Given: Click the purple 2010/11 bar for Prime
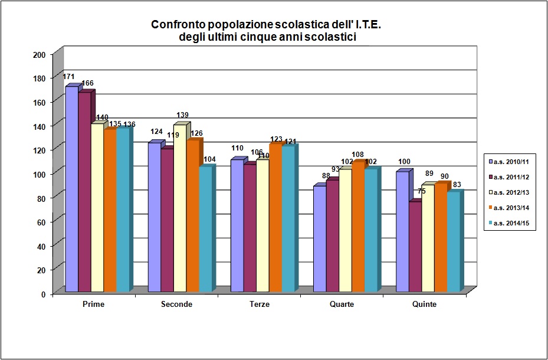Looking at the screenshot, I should [x=71, y=189].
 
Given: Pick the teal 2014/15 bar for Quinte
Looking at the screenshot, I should [x=453, y=242].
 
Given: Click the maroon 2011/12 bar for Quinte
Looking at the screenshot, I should [x=415, y=247].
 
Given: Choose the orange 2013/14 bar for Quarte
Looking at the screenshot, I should [x=357, y=227].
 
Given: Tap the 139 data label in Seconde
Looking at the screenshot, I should [x=183, y=114].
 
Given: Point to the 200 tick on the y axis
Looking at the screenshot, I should [x=40, y=55].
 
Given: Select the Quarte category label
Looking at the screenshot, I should [x=342, y=305].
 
